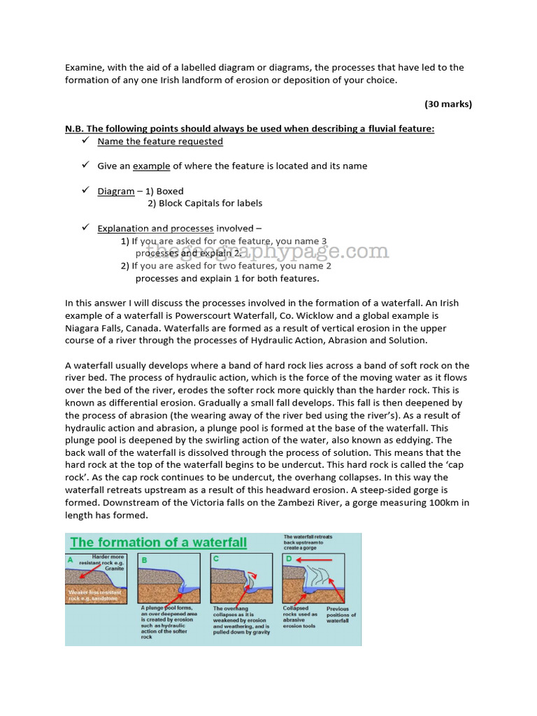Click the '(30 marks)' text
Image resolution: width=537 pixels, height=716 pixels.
[448, 104]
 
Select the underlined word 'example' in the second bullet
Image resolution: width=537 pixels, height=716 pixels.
[151, 166]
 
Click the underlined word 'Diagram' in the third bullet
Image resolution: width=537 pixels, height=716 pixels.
[115, 191]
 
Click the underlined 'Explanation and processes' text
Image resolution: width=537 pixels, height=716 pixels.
[155, 228]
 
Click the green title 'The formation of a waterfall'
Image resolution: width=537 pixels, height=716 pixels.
[158, 543]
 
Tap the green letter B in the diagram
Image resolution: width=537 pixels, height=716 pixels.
[144, 559]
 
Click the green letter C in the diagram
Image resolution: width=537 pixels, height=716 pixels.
[217, 559]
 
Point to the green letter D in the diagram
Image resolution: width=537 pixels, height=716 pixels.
[287, 559]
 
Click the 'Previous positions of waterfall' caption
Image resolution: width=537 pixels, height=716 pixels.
[341, 615]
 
